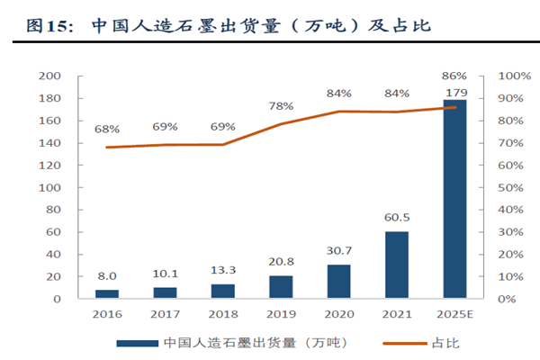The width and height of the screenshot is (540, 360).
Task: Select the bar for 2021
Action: pyautogui.click(x=397, y=265)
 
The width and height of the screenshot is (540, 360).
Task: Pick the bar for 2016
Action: pyautogui.click(x=107, y=293)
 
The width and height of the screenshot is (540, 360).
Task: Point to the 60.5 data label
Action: pyautogui.click(x=397, y=218)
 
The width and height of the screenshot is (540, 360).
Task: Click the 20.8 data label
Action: pyautogui.click(x=281, y=262)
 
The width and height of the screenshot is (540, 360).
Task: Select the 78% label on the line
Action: pyautogui.click(x=281, y=106)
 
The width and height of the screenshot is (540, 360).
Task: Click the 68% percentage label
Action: pyautogui.click(x=107, y=130)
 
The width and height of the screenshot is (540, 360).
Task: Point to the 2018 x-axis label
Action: pyautogui.click(x=223, y=315)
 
